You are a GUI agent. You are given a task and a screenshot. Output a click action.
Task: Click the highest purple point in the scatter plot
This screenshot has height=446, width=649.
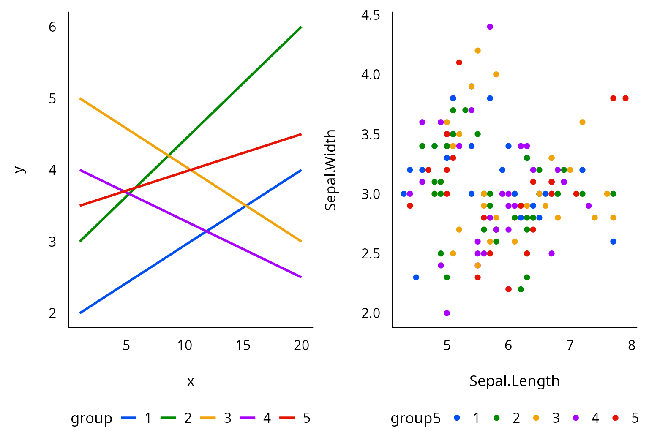pos(490,27)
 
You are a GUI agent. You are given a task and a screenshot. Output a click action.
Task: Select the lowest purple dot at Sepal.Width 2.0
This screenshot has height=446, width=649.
pos(447,313)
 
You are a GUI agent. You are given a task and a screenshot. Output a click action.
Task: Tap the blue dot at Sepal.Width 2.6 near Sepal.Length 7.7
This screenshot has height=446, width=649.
pos(613,242)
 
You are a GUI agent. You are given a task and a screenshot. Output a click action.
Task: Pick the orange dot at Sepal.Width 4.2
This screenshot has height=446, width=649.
pos(477,51)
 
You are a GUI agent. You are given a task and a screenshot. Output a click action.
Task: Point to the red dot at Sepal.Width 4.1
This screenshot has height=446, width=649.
pos(459,63)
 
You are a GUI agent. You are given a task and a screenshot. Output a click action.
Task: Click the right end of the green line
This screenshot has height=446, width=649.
pos(301,27)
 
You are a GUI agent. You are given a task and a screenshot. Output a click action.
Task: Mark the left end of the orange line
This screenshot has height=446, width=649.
pos(80,98)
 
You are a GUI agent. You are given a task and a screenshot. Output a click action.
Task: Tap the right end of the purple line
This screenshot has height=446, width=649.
pos(301,277)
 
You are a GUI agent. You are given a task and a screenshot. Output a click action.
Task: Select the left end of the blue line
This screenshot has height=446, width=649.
pos(80,313)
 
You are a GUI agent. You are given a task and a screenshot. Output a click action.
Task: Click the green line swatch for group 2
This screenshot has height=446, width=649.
pos(168,418)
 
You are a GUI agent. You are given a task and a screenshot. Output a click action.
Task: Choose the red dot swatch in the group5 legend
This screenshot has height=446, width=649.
pos(615,418)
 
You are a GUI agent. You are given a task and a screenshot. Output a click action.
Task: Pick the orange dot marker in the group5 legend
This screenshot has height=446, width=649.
pos(536,418)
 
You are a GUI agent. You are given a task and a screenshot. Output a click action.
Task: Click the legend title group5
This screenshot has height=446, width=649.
pos(415,418)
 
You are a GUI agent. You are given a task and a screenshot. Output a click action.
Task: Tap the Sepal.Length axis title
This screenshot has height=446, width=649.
pos(514,381)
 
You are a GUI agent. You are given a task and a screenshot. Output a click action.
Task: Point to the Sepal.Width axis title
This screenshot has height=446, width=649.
pos(330,170)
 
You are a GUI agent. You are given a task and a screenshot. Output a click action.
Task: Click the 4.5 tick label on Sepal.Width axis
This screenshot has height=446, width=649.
pos(371,15)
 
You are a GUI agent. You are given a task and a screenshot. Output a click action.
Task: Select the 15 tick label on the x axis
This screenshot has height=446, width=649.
pos(243,345)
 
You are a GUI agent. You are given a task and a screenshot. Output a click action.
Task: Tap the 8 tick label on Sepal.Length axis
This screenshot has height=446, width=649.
pos(631,345)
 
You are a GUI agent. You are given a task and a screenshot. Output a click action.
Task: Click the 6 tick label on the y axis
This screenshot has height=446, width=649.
pos(52,27)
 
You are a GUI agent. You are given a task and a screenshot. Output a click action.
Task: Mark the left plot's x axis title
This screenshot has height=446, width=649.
pos(191,381)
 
